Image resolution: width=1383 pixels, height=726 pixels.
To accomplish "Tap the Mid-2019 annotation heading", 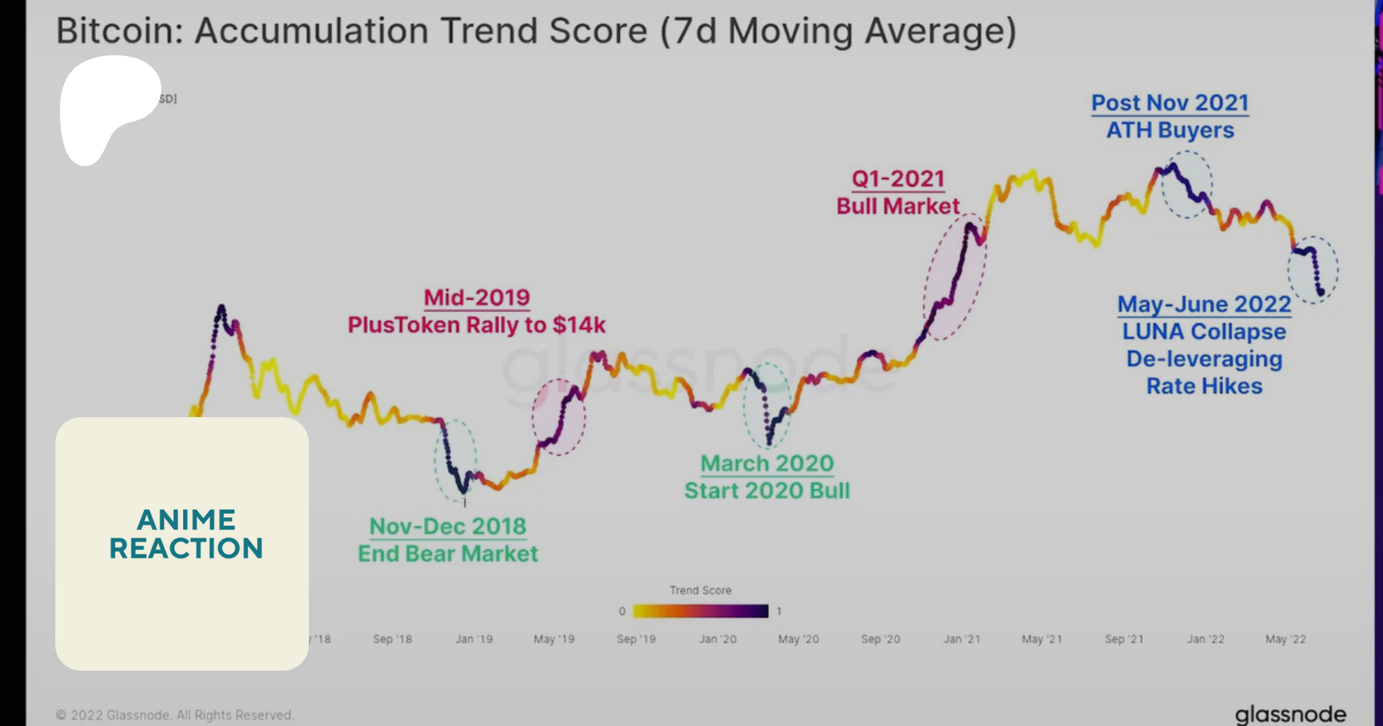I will pos(476,297).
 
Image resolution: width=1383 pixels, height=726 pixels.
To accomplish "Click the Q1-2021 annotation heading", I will pos(897,179).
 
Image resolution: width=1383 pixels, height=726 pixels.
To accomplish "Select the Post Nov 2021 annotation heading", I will pos(1169,103).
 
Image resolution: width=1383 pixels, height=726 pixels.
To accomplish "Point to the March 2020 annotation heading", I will pos(767,463).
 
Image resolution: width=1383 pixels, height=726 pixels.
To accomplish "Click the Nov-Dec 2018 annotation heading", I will pos(447,526).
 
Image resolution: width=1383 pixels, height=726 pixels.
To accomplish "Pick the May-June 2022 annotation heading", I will pos(1204,304).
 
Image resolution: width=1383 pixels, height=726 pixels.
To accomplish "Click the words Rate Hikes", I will pos(1204,386).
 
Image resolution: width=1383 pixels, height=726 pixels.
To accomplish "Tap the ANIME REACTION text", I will pos(186,534).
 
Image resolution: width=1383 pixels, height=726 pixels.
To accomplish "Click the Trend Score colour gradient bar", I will pos(700,611).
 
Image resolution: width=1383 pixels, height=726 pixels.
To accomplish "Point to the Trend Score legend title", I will pos(700,590).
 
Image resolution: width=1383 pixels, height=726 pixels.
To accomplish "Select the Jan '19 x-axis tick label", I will pos(473,639).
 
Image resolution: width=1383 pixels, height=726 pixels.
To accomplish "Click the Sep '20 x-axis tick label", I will pos(880,639).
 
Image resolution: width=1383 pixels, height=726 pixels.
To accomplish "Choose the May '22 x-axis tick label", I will pos(1285,639).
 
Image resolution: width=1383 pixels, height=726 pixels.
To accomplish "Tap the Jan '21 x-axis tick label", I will pos(961,639).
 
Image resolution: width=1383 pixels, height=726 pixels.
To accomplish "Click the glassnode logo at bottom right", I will pos(1290,714).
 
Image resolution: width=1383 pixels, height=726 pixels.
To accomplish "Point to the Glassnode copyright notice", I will pos(174,715).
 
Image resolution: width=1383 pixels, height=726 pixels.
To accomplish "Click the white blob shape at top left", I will pos(104,104).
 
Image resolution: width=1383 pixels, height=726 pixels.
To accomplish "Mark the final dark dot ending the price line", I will pos(1321,292).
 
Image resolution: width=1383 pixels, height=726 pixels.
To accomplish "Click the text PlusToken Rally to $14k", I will pos(476,325).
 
